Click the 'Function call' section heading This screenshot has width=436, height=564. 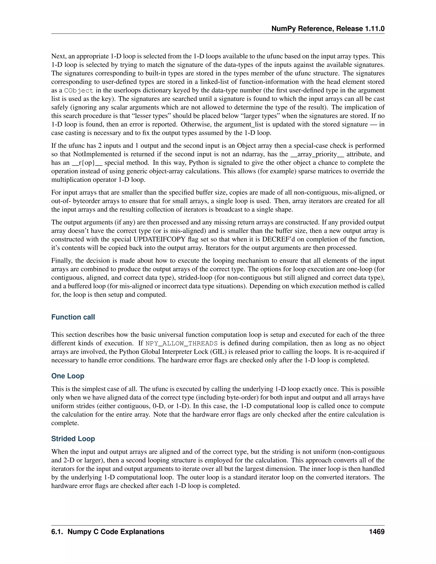click(x=73, y=317)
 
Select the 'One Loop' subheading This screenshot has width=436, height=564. click(x=68, y=376)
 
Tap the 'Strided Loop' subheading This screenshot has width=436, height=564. click(x=73, y=439)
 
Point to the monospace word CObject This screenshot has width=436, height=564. click(x=79, y=91)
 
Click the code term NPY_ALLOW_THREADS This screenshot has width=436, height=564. click(x=182, y=344)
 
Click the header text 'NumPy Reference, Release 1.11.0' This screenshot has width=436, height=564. click(x=328, y=29)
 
